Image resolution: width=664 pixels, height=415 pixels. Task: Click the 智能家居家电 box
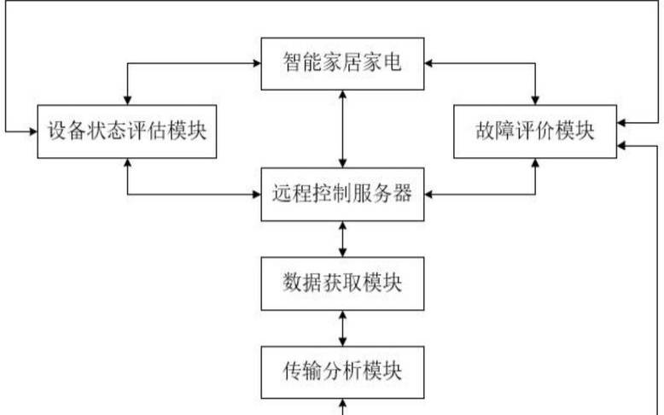coord(342,63)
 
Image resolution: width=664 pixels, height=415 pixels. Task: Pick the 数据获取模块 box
coord(342,283)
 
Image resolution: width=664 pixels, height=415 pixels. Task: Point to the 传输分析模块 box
coord(342,371)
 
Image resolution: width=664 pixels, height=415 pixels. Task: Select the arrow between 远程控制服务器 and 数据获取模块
coord(342,240)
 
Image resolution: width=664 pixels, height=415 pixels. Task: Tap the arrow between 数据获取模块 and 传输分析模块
coord(342,328)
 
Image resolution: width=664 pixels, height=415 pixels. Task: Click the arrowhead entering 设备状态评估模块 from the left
coord(32,132)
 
